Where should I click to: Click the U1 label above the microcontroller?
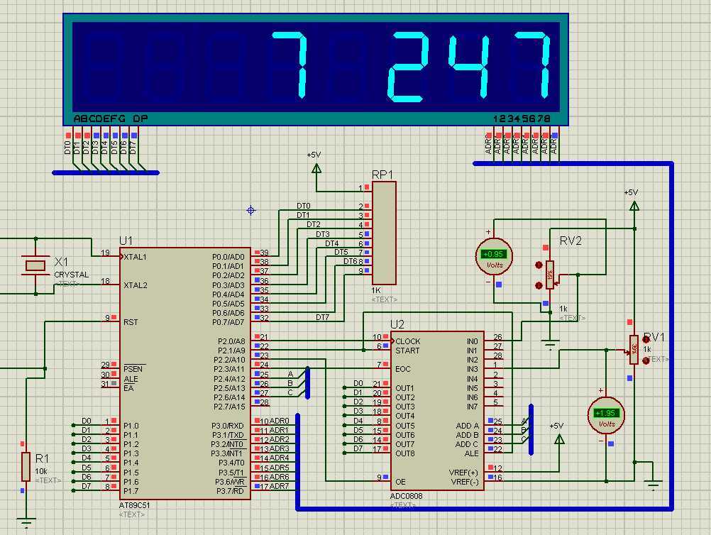pyautogui.click(x=126, y=241)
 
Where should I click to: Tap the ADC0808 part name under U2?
pyautogui.click(x=407, y=496)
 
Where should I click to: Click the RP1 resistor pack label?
pyautogui.click(x=382, y=175)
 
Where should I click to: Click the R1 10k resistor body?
pyautogui.click(x=26, y=466)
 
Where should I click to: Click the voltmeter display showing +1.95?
pyautogui.click(x=606, y=413)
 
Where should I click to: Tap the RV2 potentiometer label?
pyautogui.click(x=571, y=241)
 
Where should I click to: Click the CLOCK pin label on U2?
pyautogui.click(x=408, y=341)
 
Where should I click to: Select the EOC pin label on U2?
pyautogui.click(x=403, y=369)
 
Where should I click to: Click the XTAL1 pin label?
pyautogui.click(x=136, y=256)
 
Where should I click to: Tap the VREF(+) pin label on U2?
pyautogui.click(x=463, y=472)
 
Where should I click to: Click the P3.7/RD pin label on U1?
pyautogui.click(x=228, y=491)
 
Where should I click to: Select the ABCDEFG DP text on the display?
pyautogui.click(x=110, y=118)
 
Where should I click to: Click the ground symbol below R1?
pyautogui.click(x=26, y=524)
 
